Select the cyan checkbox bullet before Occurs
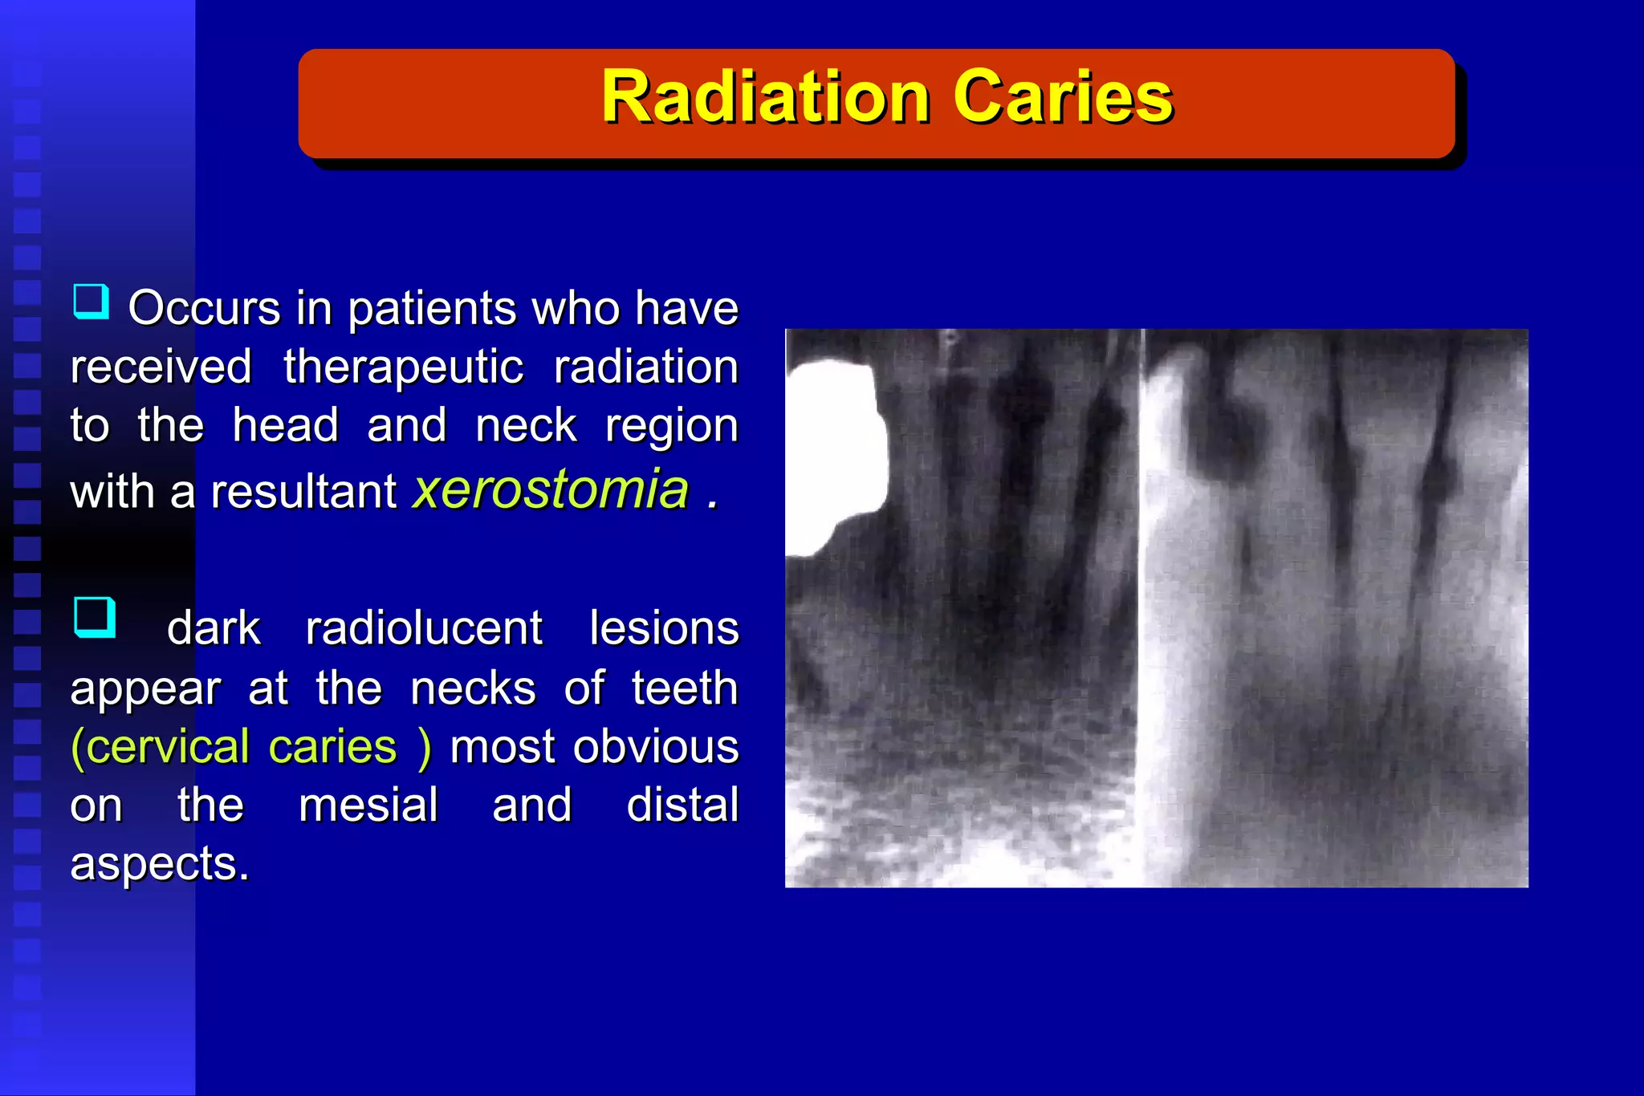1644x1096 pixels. pos(91,302)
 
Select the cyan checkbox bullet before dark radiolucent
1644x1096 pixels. pos(94,617)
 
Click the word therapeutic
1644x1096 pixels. pos(403,367)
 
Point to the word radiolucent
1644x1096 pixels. pos(424,628)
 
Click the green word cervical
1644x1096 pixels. pos(161,747)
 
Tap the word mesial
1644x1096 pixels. pos(368,805)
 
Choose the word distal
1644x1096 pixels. pos(682,805)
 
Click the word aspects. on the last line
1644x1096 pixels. pos(159,864)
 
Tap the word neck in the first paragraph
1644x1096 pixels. pos(526,425)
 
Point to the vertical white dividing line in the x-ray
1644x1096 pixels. pos(1141,610)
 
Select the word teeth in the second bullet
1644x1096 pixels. pos(684,688)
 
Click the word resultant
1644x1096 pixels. pos(303,491)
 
